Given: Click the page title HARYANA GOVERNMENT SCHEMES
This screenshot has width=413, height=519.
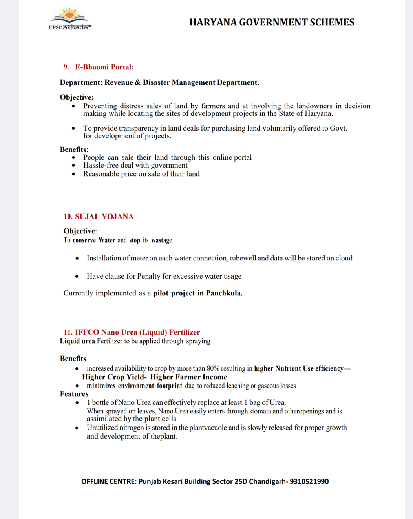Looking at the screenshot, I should pyautogui.click(x=272, y=22).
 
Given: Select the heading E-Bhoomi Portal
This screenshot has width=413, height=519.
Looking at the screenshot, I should pyautogui.click(x=104, y=67).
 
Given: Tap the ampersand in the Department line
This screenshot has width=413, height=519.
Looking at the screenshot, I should pyautogui.click(x=137, y=82).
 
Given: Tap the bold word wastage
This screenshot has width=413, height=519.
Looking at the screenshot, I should pyautogui.click(x=161, y=240).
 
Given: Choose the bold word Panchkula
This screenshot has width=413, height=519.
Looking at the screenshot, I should pyautogui.click(x=224, y=293).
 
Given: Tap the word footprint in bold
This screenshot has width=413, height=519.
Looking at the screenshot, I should pyautogui.click(x=170, y=386).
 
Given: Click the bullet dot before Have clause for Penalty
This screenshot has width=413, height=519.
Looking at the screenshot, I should pyautogui.click(x=77, y=276).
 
